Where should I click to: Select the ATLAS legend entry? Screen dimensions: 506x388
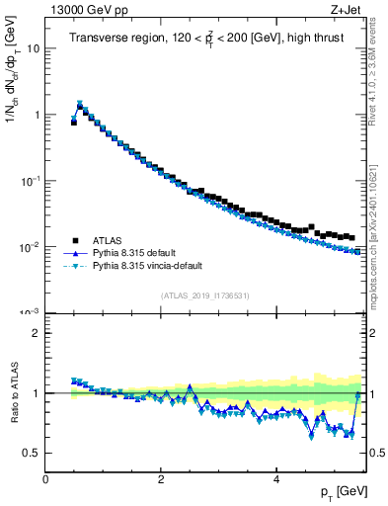point(108,240)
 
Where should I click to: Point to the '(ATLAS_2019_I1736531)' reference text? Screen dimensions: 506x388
point(203,295)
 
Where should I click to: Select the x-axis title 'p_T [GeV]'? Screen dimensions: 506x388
point(338,491)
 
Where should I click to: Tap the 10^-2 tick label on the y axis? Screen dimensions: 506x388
point(30,247)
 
